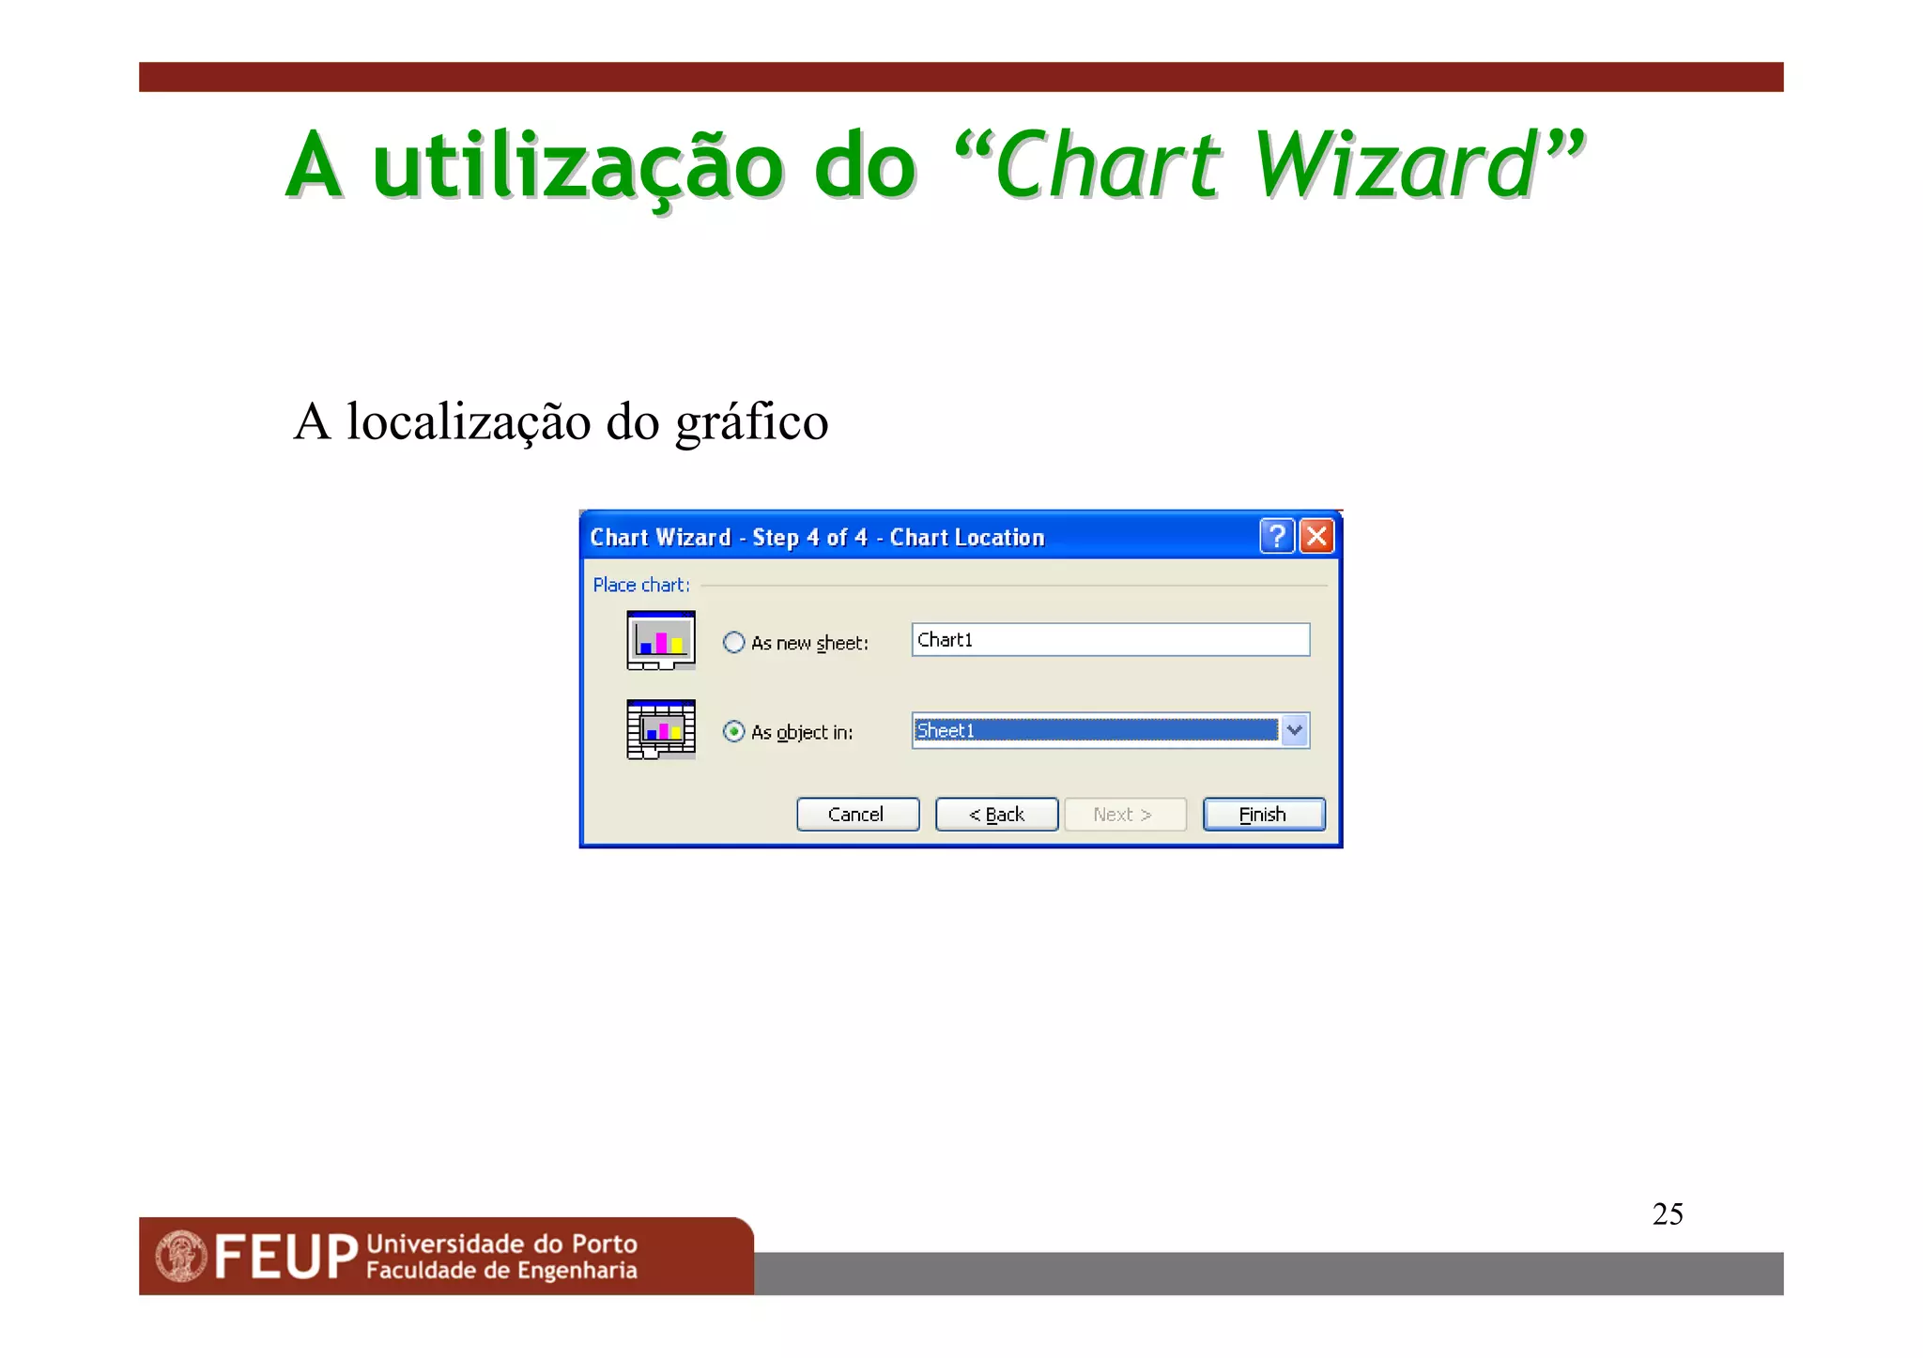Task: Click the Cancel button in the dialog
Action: [856, 815]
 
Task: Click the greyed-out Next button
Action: [1124, 815]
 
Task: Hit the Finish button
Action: [1263, 815]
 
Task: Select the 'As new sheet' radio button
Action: [734, 643]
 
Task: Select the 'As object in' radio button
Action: [734, 732]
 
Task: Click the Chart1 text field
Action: [1110, 640]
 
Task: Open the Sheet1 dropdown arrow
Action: [1295, 730]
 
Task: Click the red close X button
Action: [1317, 537]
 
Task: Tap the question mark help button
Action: [1277, 537]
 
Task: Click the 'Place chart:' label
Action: [641, 586]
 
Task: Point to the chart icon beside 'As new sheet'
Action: [661, 640]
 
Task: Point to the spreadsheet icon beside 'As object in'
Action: [661, 729]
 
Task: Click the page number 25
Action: [1668, 1214]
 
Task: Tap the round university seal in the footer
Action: [181, 1257]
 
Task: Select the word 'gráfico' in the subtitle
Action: [752, 422]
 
